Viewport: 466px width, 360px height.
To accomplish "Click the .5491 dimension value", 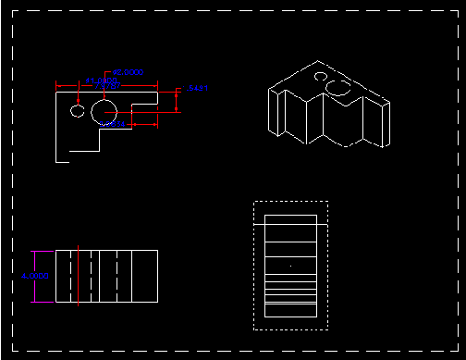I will pos(198,87).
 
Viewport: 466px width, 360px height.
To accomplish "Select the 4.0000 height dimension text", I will pos(34,276).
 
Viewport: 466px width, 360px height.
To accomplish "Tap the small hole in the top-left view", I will pos(76,111).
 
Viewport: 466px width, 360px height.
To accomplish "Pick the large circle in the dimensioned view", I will pos(102,111).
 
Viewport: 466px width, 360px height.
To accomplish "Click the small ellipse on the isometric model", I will pos(320,77).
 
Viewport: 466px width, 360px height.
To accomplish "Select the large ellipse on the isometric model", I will pos(338,87).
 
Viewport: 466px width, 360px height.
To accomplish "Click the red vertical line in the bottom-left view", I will pos(79,276).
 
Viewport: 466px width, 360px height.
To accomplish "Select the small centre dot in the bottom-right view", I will pos(290,266).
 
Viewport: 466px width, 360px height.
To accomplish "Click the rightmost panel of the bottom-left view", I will pos(145,276).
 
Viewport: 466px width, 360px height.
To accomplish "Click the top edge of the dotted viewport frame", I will pos(290,202).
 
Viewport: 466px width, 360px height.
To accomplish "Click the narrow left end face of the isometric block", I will pos(275,110).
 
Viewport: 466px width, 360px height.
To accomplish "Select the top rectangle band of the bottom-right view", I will pos(290,219).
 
